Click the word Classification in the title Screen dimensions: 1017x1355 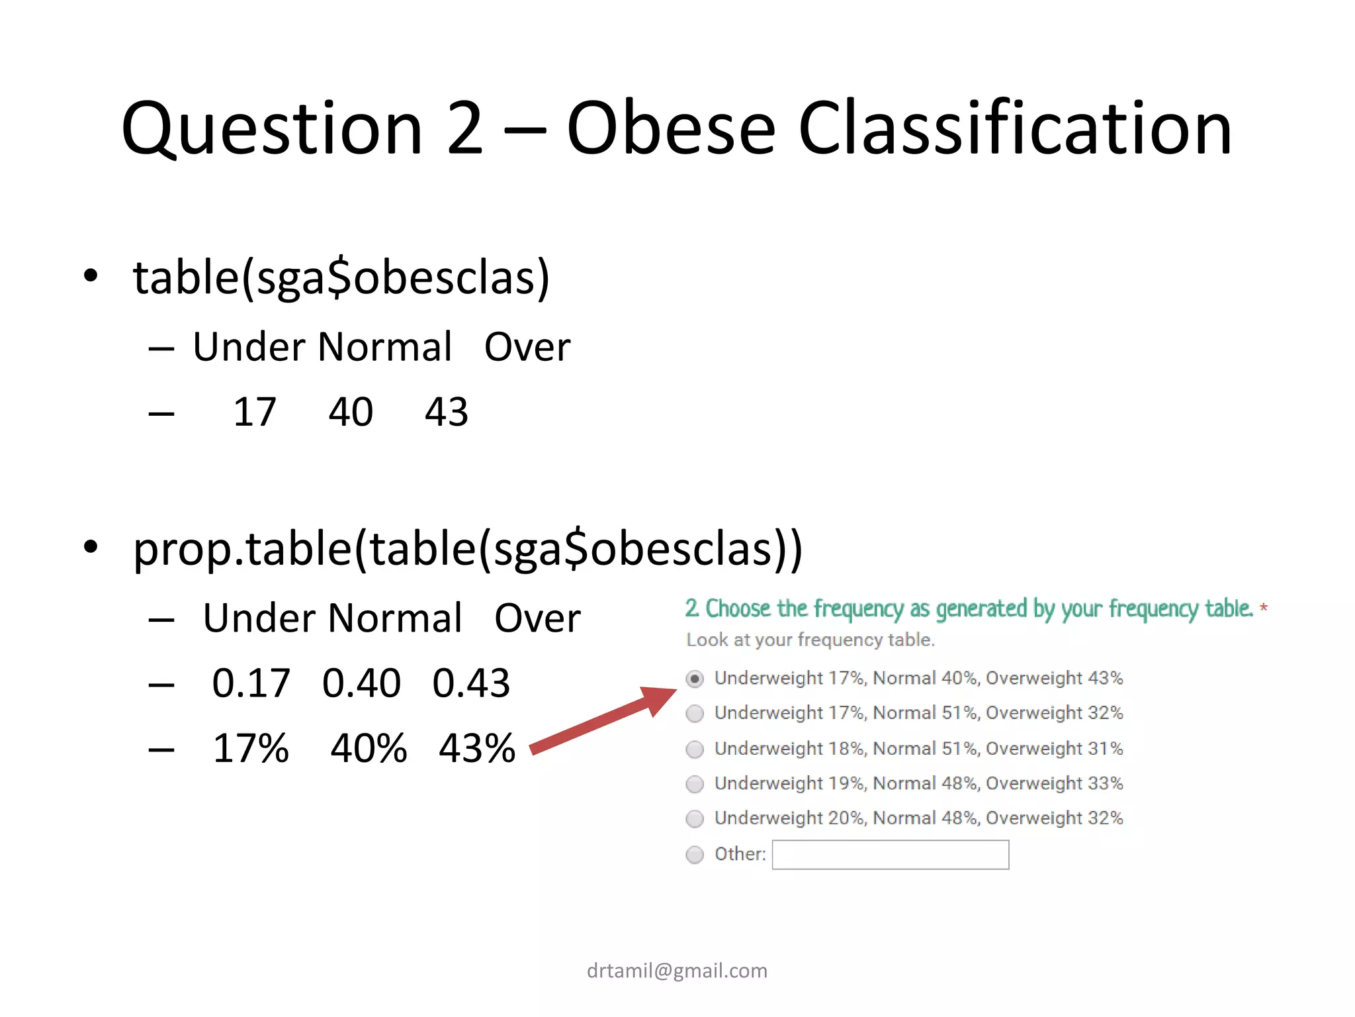pyautogui.click(x=1015, y=128)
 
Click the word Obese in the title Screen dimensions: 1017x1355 pyautogui.click(x=670, y=128)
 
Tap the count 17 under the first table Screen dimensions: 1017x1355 pyautogui.click(x=255, y=412)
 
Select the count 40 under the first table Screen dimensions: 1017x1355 pyautogui.click(x=351, y=412)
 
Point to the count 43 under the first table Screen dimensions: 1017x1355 pyautogui.click(x=447, y=412)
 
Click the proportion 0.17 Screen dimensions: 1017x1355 pyautogui.click(x=251, y=683)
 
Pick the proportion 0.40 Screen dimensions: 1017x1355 pyautogui.click(x=361, y=683)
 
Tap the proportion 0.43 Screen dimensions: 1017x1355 pyautogui.click(x=471, y=683)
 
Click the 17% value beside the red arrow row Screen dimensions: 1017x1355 pyautogui.click(x=251, y=748)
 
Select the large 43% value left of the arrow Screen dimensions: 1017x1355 pyautogui.click(x=477, y=748)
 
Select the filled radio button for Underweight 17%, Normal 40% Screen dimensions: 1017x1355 pyautogui.click(x=695, y=679)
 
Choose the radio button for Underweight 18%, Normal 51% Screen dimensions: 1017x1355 pyautogui.click(x=695, y=750)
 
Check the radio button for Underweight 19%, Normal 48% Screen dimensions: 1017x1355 pyautogui.click(x=695, y=785)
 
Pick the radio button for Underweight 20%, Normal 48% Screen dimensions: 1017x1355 pyautogui.click(x=695, y=819)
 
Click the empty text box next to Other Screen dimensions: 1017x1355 pyautogui.click(x=891, y=855)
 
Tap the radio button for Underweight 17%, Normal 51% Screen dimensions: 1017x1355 pyautogui.click(x=695, y=714)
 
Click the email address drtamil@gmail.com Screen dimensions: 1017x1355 pyautogui.click(x=677, y=971)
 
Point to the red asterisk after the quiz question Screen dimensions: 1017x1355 pyautogui.click(x=1264, y=607)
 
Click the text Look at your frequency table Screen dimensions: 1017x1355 pyautogui.click(x=810, y=640)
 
